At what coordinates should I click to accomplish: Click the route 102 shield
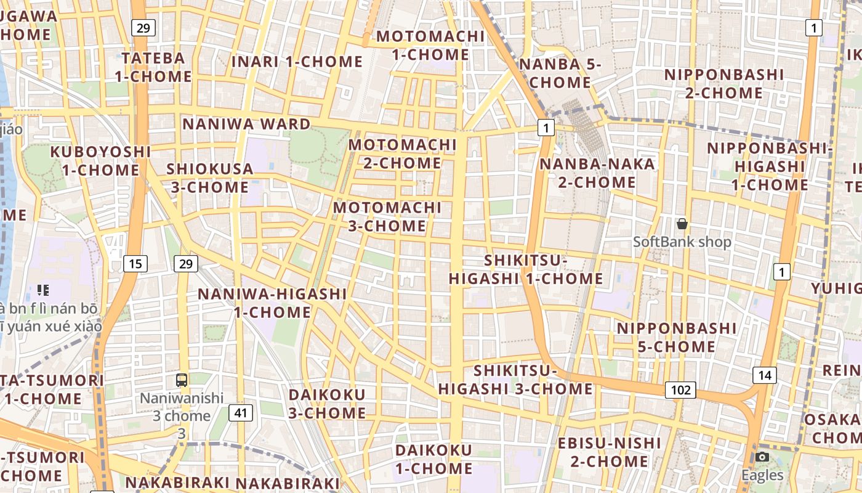click(x=680, y=389)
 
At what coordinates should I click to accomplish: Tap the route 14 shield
click(x=764, y=375)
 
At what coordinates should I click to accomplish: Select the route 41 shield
click(x=241, y=412)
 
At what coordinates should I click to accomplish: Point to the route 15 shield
click(x=135, y=264)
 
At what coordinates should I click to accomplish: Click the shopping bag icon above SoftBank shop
click(x=682, y=223)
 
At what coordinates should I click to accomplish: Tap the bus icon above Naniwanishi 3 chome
click(x=182, y=380)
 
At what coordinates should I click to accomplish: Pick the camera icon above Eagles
click(x=762, y=457)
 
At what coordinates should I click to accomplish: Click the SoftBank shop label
click(x=682, y=242)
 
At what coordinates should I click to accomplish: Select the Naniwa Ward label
click(x=246, y=124)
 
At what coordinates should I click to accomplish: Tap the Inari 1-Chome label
click(x=297, y=62)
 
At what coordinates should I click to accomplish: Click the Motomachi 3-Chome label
click(x=387, y=216)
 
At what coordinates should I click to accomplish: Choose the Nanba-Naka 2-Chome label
click(x=597, y=173)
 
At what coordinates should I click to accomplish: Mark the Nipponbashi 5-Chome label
click(x=676, y=337)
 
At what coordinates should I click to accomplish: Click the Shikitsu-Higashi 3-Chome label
click(x=515, y=380)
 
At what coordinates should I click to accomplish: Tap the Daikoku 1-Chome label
click(x=433, y=459)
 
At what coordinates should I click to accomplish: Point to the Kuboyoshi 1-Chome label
click(x=100, y=160)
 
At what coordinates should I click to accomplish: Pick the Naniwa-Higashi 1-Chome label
click(x=272, y=303)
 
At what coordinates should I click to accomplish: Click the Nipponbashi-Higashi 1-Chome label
click(x=769, y=166)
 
